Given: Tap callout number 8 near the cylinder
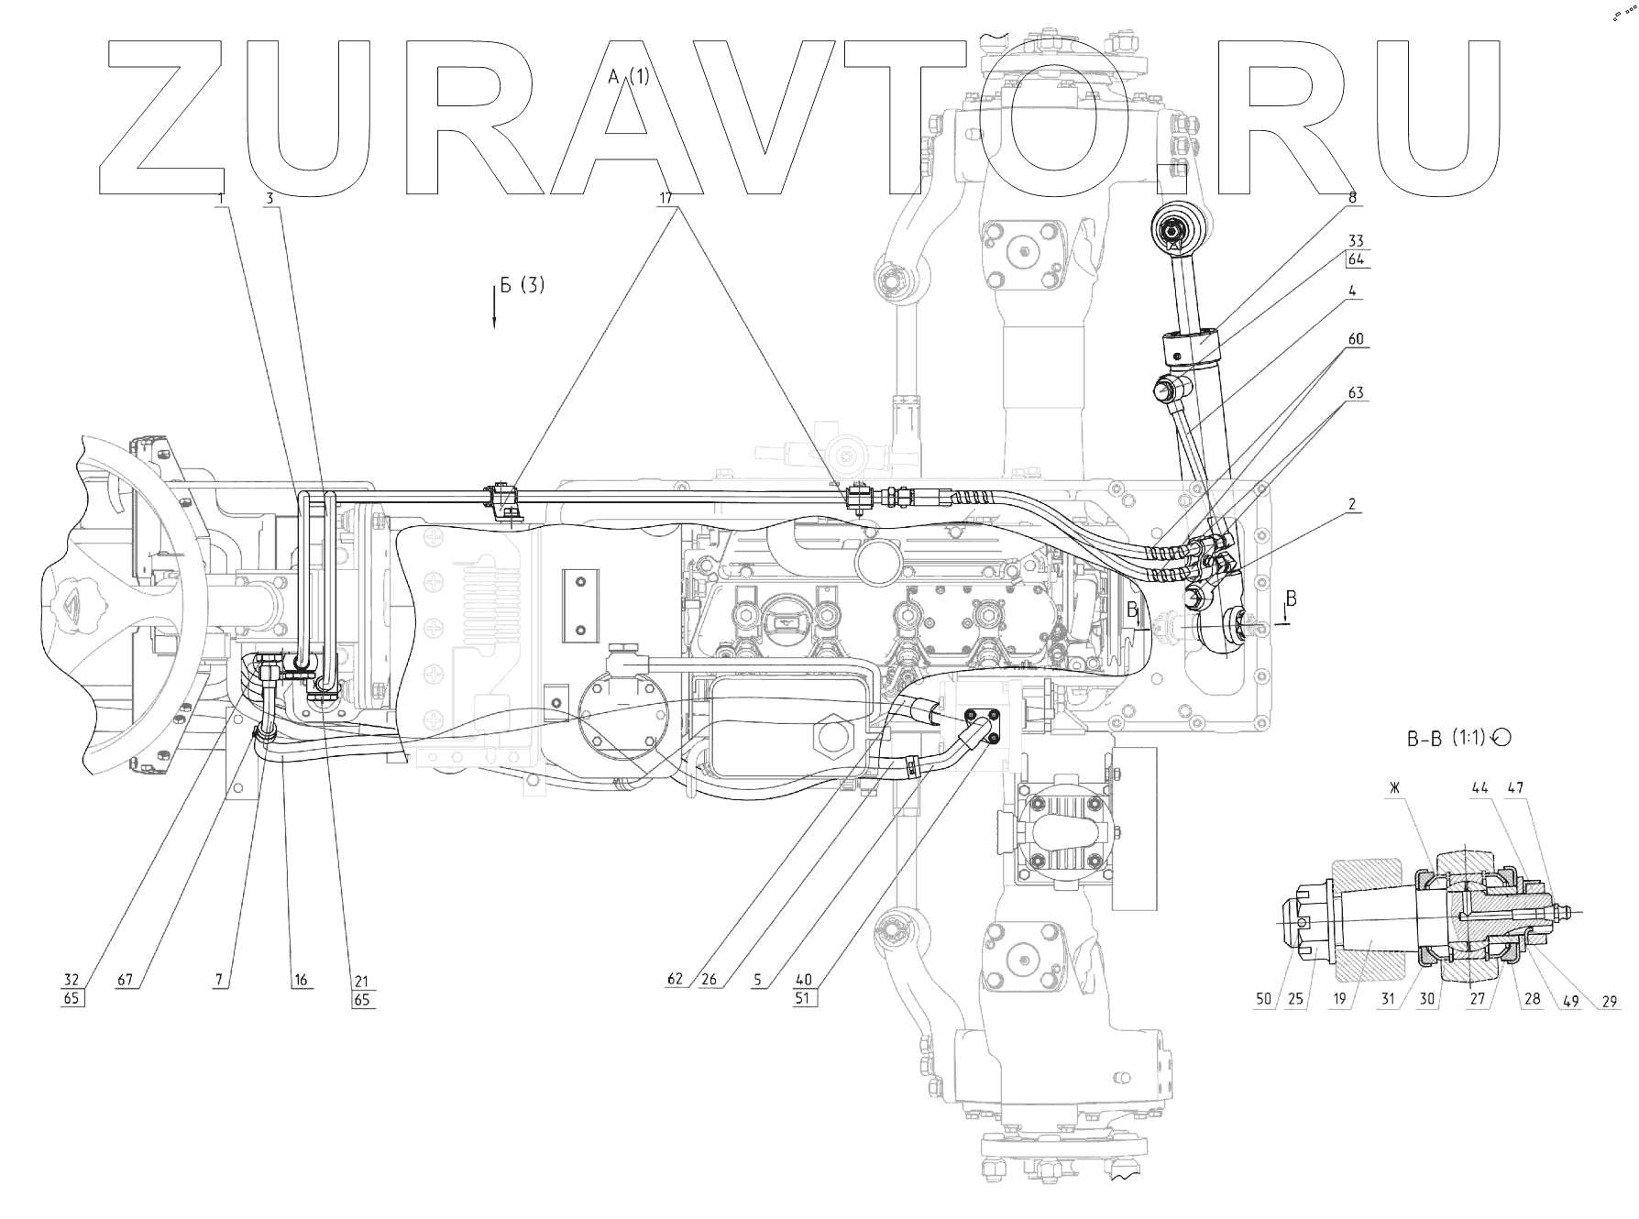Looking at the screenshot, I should coord(1352,196).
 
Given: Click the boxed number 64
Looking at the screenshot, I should coord(1356,259).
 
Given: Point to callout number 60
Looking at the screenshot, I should coord(1356,339).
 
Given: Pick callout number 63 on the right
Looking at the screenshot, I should coord(1356,393).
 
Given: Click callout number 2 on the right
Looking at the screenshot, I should coord(1352,503).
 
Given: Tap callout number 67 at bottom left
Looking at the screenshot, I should coord(125,980).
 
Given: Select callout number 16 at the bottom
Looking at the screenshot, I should coord(301,980).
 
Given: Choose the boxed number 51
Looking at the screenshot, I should coord(803,999).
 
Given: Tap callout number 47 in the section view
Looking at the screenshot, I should coord(1515,787).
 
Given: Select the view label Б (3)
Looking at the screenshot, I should coord(522,286).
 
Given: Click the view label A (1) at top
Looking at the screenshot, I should coord(629,77).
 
